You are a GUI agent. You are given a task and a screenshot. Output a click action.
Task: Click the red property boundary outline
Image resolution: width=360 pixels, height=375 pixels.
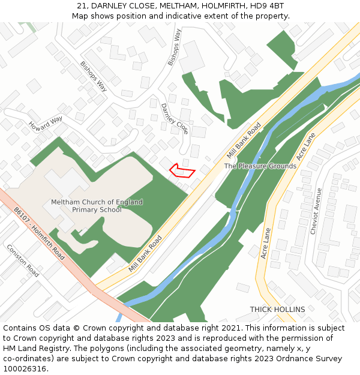182,170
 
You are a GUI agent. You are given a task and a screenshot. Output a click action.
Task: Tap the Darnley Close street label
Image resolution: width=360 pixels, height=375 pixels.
175,119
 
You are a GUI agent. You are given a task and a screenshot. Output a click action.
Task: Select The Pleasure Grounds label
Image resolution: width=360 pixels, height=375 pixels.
260,166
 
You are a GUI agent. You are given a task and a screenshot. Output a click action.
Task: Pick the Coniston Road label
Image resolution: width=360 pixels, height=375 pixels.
23,260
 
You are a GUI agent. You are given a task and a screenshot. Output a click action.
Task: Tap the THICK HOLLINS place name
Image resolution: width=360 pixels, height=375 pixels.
277,310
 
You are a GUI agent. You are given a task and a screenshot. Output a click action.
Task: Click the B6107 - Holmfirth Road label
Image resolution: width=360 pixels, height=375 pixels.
38,233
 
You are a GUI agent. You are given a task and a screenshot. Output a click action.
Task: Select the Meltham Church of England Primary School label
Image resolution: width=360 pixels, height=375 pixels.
97,206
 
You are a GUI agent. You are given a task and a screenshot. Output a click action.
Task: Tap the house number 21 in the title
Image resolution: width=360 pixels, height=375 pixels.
82,6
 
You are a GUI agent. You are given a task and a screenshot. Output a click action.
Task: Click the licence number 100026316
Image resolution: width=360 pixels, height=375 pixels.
24,369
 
